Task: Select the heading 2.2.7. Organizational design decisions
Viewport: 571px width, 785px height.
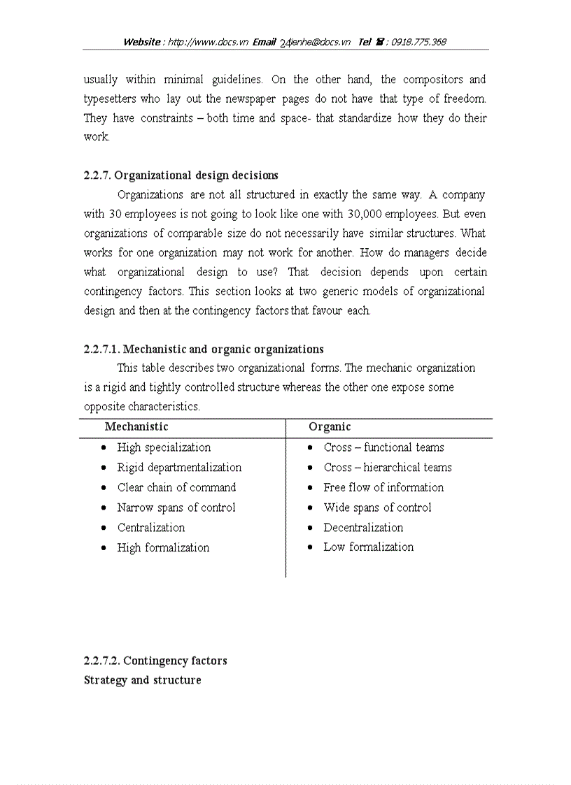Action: (x=181, y=175)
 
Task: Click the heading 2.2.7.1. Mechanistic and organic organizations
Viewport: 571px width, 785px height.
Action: (x=204, y=349)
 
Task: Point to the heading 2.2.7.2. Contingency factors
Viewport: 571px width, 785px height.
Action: (x=155, y=661)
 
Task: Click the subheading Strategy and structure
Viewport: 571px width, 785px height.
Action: (x=142, y=680)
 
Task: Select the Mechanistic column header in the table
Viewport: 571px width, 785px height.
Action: (x=136, y=426)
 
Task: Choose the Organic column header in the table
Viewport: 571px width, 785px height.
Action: (x=330, y=426)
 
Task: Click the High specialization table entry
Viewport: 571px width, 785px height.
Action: (x=164, y=447)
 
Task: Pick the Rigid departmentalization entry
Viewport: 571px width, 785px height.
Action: (x=179, y=468)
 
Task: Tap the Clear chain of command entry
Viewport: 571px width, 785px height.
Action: (x=176, y=487)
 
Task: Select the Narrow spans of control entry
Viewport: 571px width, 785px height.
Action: (x=176, y=507)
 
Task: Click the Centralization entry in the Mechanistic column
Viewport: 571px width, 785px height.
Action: (x=151, y=528)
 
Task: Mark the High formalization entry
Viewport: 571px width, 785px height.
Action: (x=163, y=547)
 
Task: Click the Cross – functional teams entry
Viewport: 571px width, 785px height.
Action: (x=383, y=447)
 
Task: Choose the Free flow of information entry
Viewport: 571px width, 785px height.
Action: (x=383, y=487)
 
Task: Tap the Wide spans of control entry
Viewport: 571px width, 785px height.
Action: (x=377, y=507)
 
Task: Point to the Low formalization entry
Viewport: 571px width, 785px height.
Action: (x=368, y=547)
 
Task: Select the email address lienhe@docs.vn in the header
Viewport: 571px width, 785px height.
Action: (x=320, y=42)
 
